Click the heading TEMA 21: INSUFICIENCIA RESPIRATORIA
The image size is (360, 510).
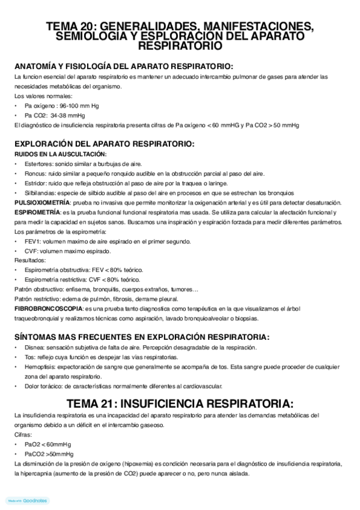click(x=180, y=402)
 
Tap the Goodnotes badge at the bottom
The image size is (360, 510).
click(x=27, y=500)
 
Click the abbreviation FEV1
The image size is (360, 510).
click(x=32, y=241)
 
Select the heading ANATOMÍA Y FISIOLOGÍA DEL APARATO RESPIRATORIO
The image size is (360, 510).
click(x=124, y=66)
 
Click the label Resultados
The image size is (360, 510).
click(x=29, y=260)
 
